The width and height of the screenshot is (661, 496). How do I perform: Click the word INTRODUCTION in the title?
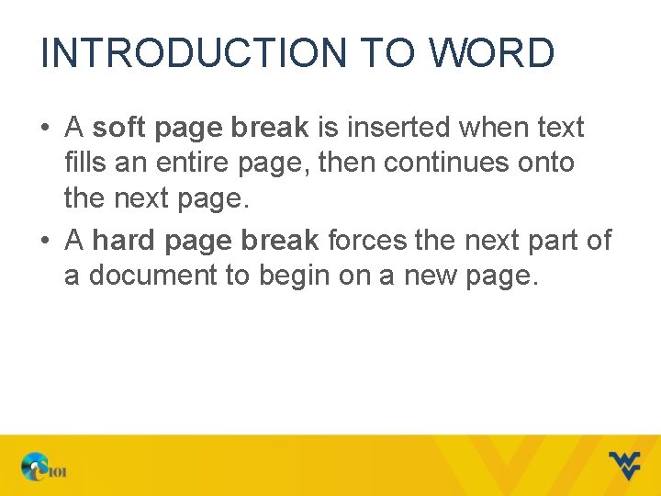pos(193,53)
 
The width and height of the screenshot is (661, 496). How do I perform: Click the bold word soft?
pos(119,129)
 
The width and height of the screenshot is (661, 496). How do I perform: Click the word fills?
pos(84,163)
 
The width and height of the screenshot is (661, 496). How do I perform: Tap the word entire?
pos(185,163)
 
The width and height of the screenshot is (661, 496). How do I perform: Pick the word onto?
pos(548,163)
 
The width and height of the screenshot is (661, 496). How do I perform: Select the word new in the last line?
pos(425,276)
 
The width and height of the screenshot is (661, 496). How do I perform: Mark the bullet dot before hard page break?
pos(44,242)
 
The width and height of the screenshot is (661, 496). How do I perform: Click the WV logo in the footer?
pos(625,465)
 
